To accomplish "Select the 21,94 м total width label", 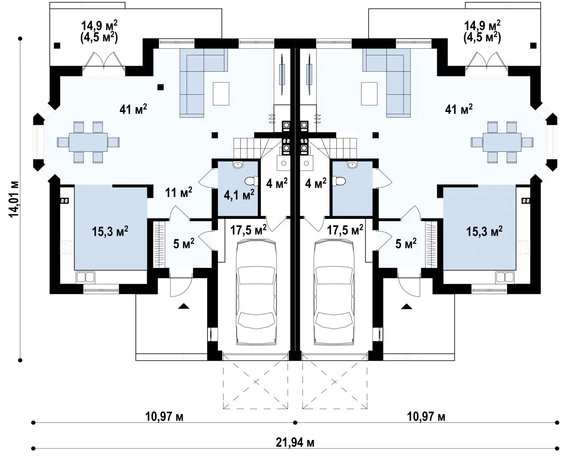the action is (295, 443).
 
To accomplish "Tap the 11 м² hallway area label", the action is (178, 192).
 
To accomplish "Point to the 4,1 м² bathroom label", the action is (239, 195).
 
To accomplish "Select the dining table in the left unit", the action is (88, 142).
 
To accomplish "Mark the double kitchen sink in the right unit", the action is (505, 277).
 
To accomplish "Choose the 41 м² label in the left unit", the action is (133, 109).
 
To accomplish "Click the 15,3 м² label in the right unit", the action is (484, 231).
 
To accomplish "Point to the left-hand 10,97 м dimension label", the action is (164, 416).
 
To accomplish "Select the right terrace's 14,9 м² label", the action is (482, 26).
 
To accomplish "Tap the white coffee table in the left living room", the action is (221, 94).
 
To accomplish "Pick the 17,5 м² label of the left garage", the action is (249, 230).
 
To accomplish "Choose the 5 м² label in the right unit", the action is (406, 243).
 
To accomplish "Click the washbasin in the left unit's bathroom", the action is (237, 165).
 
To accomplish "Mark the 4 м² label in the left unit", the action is (277, 183).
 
